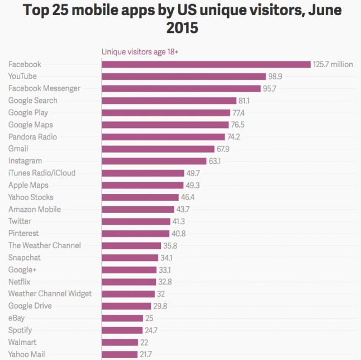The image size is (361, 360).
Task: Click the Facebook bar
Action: tap(206, 64)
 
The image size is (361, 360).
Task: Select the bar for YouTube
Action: tap(183, 76)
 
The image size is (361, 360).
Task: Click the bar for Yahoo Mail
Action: tap(120, 354)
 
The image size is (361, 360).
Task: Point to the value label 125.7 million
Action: tap(333, 64)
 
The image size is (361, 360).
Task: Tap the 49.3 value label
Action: tap(193, 185)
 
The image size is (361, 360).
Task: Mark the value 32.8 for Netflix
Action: tap(167, 282)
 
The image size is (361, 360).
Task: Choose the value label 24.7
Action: tap(151, 330)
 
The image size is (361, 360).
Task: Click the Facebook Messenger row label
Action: tap(44, 88)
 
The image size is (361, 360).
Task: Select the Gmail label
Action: tap(18, 149)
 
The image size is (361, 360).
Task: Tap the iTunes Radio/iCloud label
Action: tap(42, 173)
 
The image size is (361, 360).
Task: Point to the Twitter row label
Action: tap(20, 221)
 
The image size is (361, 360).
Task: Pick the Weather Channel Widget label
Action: tap(50, 293)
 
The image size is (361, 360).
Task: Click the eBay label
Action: tap(16, 318)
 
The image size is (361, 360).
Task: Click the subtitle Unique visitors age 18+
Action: tap(140, 52)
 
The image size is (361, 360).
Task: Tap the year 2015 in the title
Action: tap(182, 27)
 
